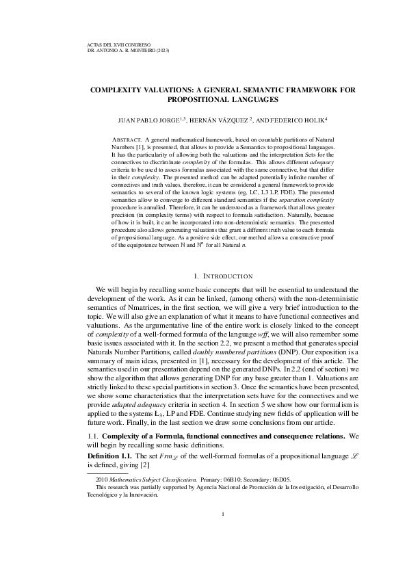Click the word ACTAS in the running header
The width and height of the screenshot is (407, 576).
(88, 44)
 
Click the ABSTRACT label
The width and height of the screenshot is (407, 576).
(125, 140)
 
